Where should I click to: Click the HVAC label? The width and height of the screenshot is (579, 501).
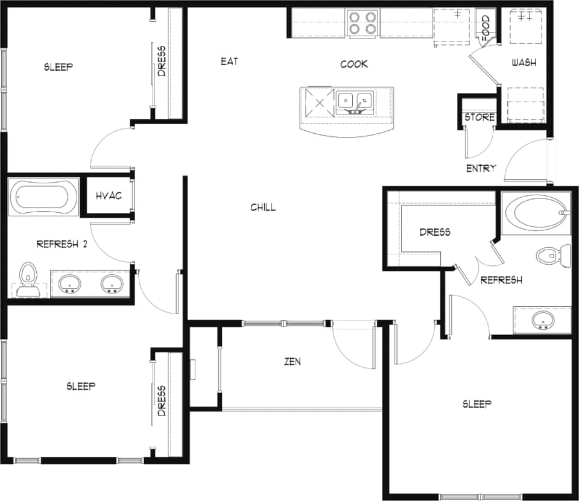click(109, 195)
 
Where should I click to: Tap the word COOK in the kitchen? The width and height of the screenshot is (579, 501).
click(354, 64)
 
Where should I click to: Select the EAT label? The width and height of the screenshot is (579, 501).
click(229, 61)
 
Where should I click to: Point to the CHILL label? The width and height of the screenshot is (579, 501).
click(263, 207)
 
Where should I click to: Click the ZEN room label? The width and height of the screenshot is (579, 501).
click(293, 362)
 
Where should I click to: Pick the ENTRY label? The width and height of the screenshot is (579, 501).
click(481, 168)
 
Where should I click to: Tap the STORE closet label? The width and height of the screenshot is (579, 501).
click(479, 117)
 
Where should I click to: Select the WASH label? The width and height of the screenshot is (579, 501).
click(524, 63)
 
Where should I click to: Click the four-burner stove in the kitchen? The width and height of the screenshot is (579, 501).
click(363, 23)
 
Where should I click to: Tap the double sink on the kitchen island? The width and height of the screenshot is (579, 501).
click(355, 101)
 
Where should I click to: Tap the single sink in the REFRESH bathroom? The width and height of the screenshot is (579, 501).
click(542, 320)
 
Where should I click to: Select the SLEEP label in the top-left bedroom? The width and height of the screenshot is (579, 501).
click(58, 67)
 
